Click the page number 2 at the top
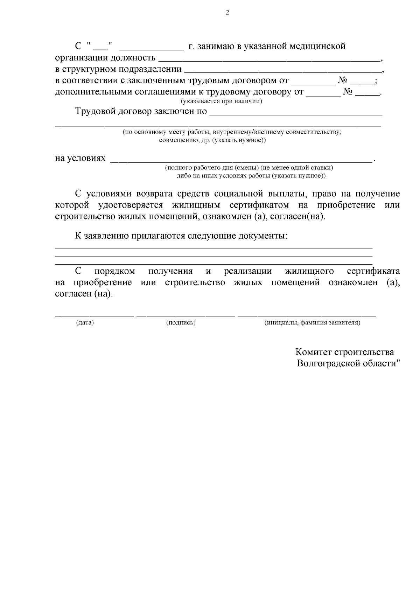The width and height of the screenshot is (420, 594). (x=227, y=13)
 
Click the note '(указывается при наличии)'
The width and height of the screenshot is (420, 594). (x=221, y=102)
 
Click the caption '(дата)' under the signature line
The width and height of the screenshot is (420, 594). (x=85, y=323)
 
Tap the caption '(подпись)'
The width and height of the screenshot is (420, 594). (x=181, y=323)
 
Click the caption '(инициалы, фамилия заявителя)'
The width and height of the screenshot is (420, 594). (x=312, y=323)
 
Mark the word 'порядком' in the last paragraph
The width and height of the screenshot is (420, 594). (x=115, y=271)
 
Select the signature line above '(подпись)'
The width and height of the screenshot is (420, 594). (x=185, y=316)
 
